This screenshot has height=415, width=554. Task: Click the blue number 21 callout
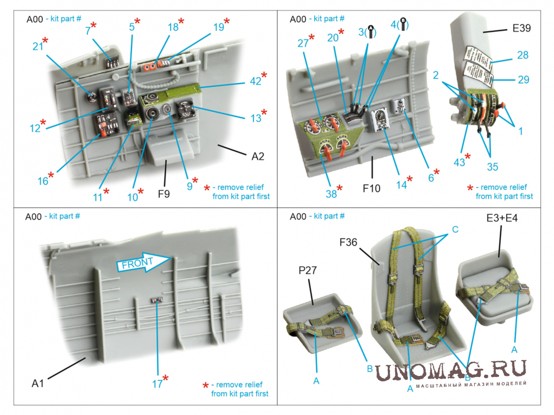[37, 47]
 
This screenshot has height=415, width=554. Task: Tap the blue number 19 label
[218, 27]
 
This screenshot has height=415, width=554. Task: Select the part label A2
[257, 157]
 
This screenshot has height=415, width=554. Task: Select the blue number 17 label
[157, 384]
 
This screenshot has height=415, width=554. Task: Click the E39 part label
[520, 28]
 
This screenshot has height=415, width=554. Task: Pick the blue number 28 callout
[522, 55]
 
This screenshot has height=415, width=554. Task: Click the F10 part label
[372, 189]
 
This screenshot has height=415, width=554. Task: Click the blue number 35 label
[492, 167]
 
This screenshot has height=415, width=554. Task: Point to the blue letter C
[454, 229]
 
